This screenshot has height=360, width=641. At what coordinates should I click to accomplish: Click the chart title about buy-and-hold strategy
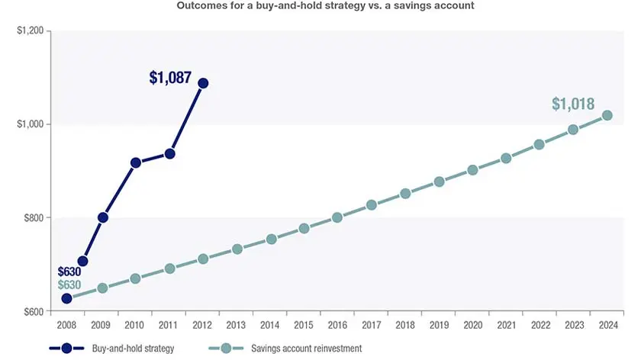pos(320,6)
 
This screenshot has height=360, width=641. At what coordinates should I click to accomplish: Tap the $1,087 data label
pos(170,77)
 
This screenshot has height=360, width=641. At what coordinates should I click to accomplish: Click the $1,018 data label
pos(573,104)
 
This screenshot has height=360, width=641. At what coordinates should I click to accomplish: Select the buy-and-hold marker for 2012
pos(203,83)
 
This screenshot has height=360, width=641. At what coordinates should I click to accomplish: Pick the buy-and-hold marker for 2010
pos(136,162)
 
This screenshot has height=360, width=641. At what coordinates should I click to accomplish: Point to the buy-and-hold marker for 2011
pos(169,153)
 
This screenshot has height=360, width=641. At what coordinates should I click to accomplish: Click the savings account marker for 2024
pos(607,116)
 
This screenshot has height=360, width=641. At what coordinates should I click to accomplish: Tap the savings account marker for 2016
pos(337,217)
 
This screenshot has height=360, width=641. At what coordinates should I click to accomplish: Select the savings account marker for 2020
pos(472,170)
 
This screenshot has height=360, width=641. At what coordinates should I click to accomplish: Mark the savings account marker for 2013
pos(237,249)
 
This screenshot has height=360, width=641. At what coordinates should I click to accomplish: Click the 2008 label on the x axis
pos(66,325)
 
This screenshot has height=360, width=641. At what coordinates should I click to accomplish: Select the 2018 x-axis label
pos(404,325)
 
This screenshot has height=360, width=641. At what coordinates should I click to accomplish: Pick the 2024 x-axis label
pos(607,325)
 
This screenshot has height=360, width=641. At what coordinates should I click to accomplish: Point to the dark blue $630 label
pos(69,271)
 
